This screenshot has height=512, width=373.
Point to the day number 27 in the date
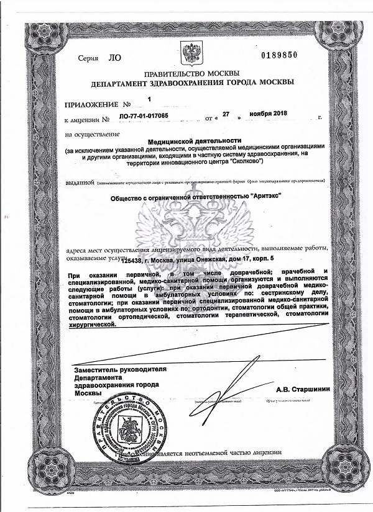pos(226,114)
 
